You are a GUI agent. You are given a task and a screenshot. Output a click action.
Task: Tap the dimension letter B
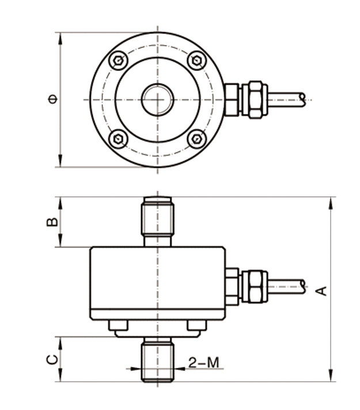(52, 223)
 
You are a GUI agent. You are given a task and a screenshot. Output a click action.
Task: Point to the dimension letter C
(52, 360)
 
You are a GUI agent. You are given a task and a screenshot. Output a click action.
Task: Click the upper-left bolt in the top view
(118, 61)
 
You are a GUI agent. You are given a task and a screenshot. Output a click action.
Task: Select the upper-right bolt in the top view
(197, 61)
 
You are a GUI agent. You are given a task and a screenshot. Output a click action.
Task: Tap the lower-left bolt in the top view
(118, 138)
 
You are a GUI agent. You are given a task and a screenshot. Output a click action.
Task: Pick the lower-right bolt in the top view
(197, 138)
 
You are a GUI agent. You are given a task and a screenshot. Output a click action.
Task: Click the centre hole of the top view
(157, 99)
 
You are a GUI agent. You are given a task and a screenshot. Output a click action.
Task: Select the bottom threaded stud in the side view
(157, 360)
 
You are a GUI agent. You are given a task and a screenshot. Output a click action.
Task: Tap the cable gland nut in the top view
(254, 100)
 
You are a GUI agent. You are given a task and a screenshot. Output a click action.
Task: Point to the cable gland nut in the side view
(254, 286)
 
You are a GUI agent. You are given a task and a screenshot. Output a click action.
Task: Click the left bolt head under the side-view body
(118, 326)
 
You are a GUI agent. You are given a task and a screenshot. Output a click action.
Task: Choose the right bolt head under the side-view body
(196, 326)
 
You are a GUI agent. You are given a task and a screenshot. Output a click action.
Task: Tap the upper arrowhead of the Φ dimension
(60, 36)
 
